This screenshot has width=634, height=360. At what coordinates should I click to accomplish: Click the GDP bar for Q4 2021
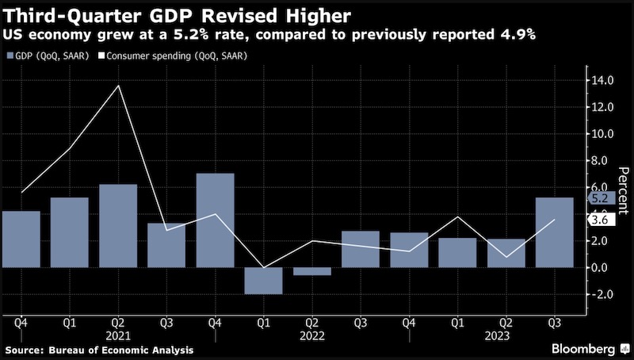point(215,220)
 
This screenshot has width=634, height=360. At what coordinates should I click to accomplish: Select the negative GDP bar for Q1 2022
point(263,281)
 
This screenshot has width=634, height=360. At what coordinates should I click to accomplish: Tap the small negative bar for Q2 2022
point(311,271)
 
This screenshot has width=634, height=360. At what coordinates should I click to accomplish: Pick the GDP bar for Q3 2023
point(554,232)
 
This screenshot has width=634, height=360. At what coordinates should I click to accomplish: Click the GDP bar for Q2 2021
point(118,225)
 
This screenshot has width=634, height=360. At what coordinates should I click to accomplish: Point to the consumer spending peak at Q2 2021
point(118,85)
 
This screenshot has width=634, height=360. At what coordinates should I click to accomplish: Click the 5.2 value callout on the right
point(598,197)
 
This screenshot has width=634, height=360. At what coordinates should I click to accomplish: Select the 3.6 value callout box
point(598,220)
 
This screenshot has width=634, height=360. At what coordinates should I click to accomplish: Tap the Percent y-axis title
point(624,191)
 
